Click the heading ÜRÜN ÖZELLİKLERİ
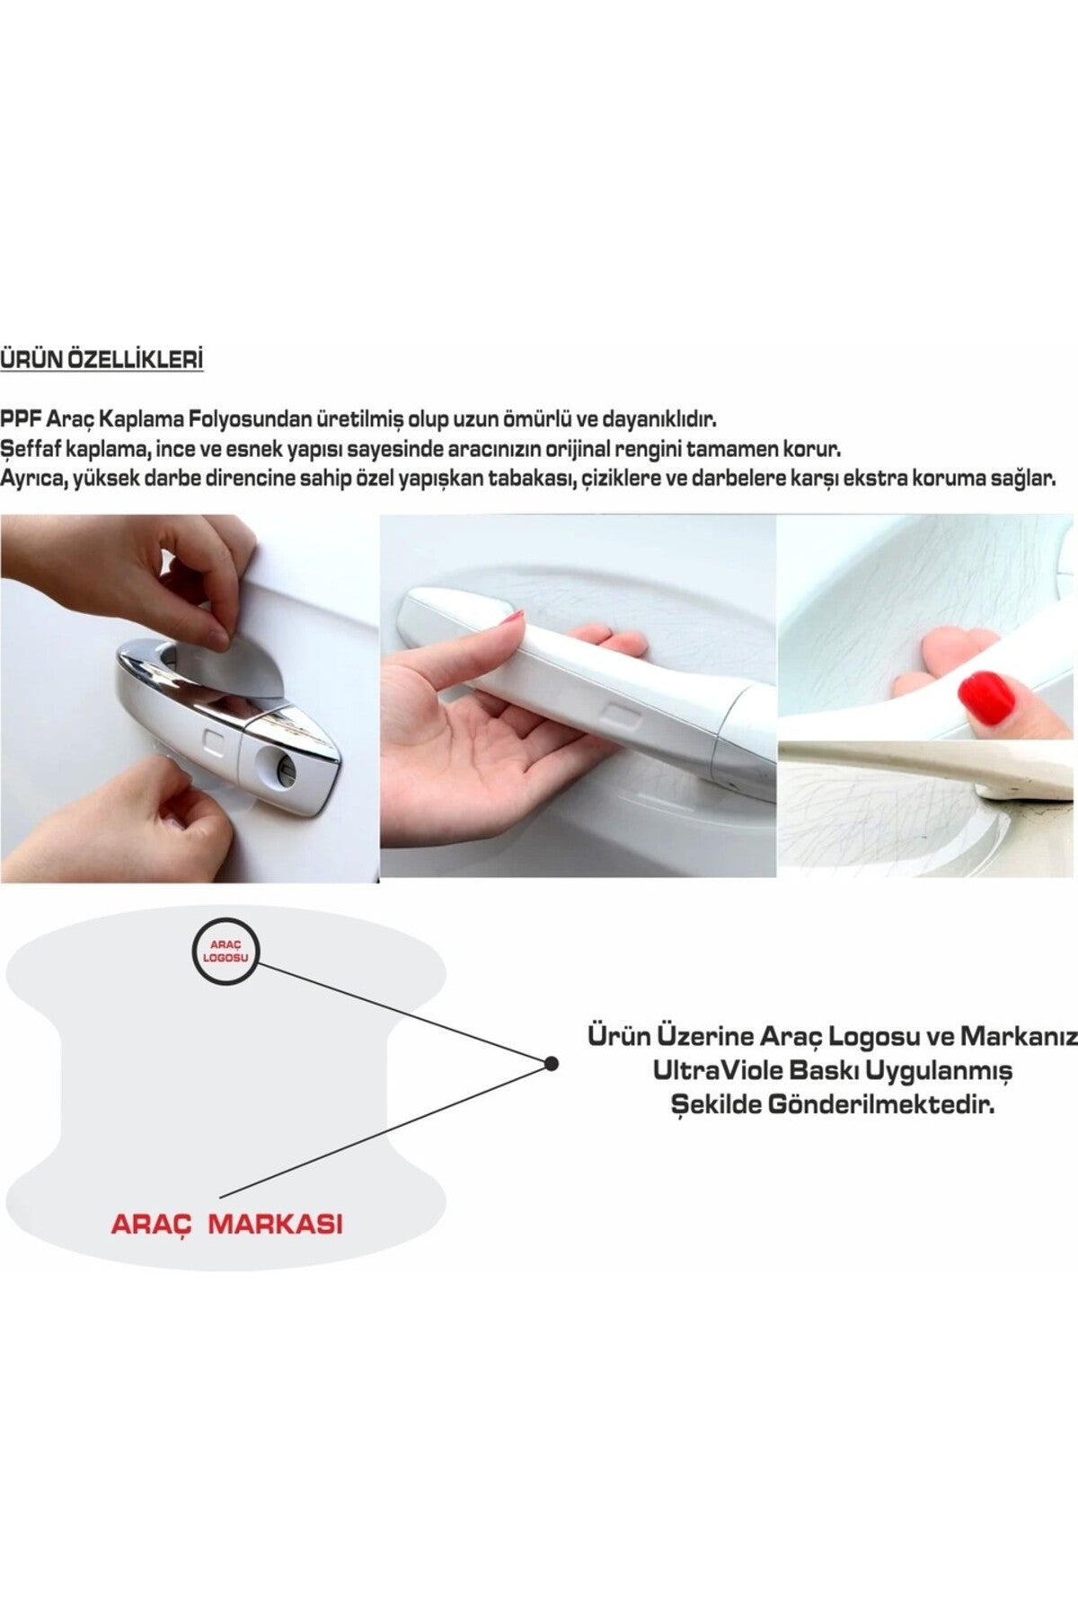pos(102,360)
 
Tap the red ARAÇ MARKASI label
pos(226,1223)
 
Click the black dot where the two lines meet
pos(552,1064)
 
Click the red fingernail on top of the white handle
pos(513,617)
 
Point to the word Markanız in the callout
pos(1019,1036)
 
